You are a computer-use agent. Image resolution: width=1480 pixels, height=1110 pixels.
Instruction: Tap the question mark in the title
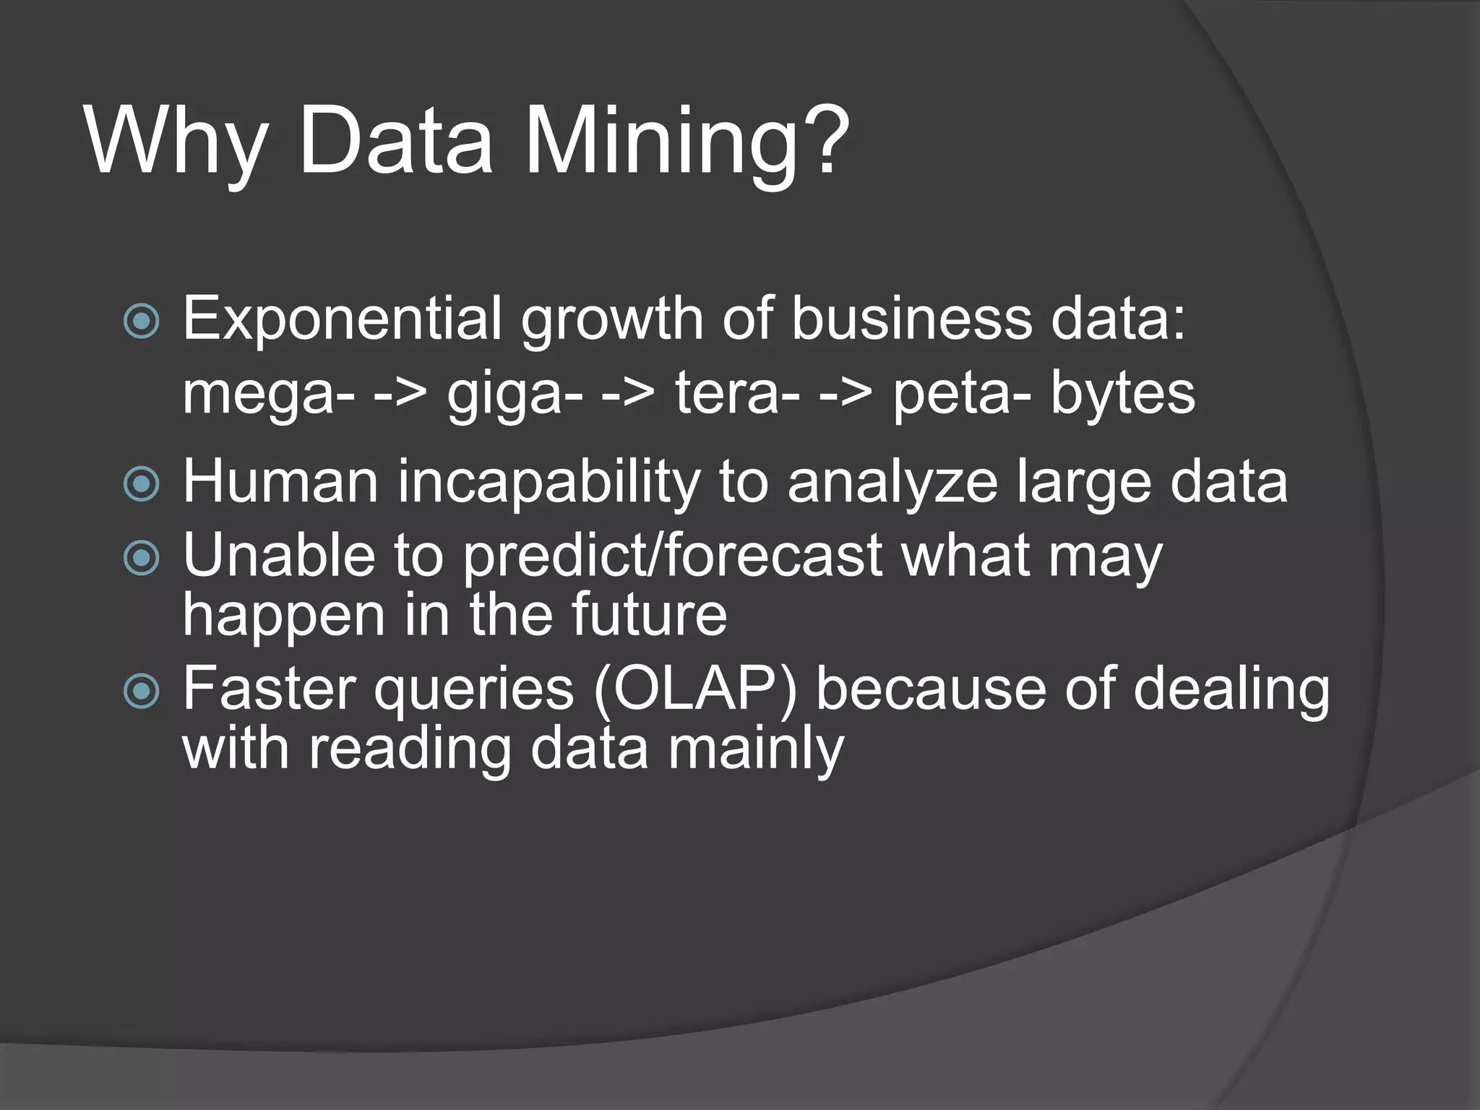click(824, 137)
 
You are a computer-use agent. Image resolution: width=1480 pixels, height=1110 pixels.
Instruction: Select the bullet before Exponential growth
click(142, 321)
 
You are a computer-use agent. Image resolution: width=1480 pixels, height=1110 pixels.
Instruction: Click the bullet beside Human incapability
click(142, 483)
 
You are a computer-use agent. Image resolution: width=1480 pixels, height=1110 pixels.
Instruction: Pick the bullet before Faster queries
click(142, 692)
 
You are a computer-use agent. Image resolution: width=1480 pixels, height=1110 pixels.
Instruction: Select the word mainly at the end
click(755, 750)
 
